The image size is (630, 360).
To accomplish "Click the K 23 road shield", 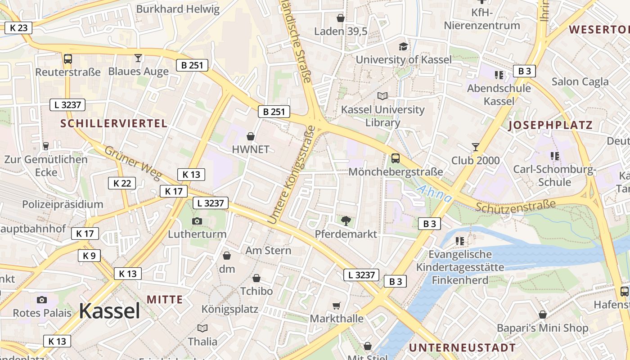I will pyautogui.click(x=18, y=28).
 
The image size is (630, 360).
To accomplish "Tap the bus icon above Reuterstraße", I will pyautogui.click(x=67, y=59).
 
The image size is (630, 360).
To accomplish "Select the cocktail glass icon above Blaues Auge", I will pyautogui.click(x=138, y=58).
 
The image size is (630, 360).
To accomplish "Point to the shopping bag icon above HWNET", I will pyautogui.click(x=251, y=136).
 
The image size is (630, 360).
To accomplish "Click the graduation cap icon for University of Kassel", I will pyautogui.click(x=403, y=46).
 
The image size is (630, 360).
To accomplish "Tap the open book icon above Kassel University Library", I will pyautogui.click(x=382, y=96).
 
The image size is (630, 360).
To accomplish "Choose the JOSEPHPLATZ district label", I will pyautogui.click(x=550, y=126).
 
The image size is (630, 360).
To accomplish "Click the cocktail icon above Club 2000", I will pyautogui.click(x=475, y=147).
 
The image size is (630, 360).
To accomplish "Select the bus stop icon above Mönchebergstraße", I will pyautogui.click(x=395, y=158).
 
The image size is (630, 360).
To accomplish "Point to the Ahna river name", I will pyautogui.click(x=434, y=193).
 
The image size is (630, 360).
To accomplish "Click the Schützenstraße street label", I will pyautogui.click(x=516, y=206).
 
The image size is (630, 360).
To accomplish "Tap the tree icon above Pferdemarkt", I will pyautogui.click(x=346, y=220).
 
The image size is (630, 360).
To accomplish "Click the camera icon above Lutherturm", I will pyautogui.click(x=197, y=221).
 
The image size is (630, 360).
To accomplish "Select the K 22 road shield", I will pyautogui.click(x=122, y=183).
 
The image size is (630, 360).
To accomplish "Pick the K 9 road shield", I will pyautogui.click(x=89, y=256).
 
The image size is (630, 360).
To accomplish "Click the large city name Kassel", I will pyautogui.click(x=109, y=311).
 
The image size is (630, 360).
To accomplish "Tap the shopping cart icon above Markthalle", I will pyautogui.click(x=336, y=306).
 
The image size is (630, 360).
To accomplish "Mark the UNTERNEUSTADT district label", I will pyautogui.click(x=462, y=348).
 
